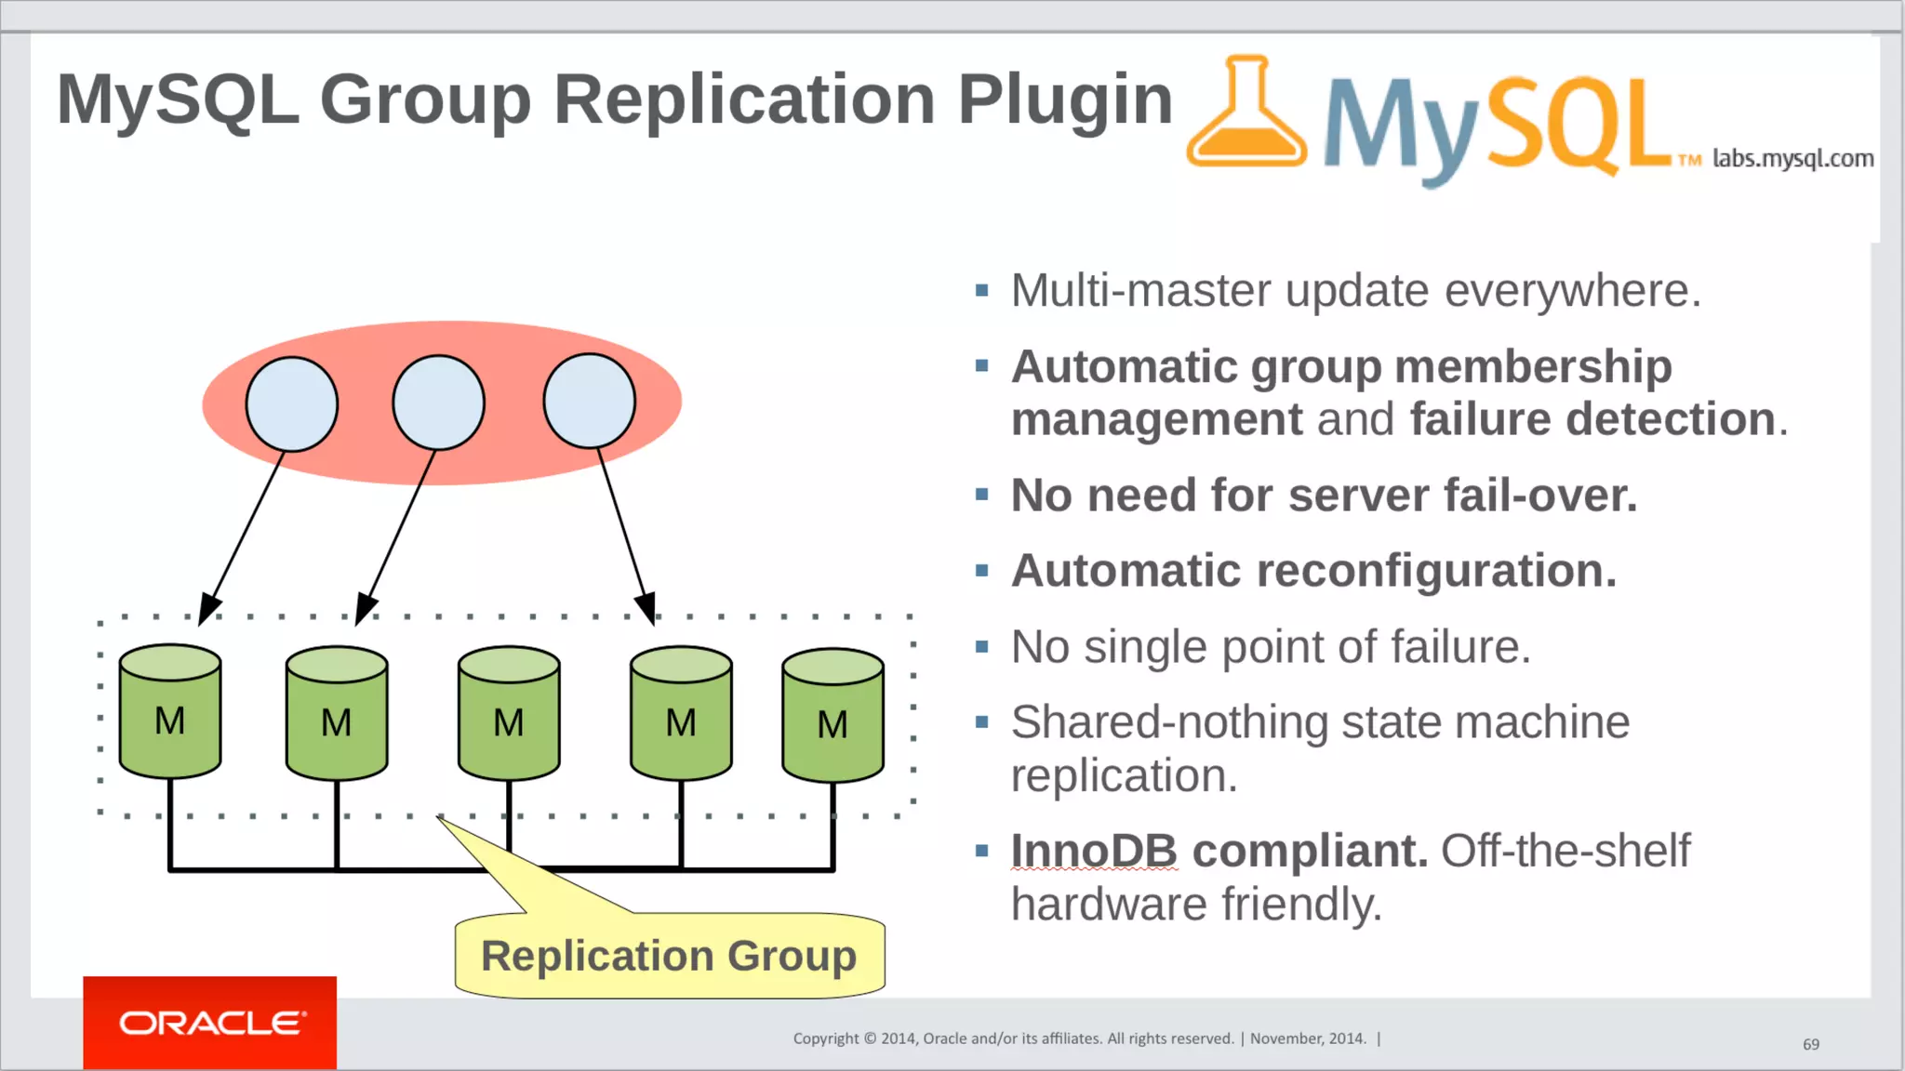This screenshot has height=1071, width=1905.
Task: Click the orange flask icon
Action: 1246,116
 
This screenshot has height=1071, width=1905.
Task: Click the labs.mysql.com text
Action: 1792,159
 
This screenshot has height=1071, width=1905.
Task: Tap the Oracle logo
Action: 210,1023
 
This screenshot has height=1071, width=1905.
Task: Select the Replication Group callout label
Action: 669,957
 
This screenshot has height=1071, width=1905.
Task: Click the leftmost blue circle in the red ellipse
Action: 292,404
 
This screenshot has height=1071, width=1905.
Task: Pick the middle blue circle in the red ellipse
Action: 439,403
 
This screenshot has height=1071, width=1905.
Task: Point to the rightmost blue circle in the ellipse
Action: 590,401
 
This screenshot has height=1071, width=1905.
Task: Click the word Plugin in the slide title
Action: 1065,99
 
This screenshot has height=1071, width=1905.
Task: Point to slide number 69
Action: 1810,1044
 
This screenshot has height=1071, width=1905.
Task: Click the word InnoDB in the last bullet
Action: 1094,851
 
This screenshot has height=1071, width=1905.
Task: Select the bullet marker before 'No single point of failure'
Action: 981,646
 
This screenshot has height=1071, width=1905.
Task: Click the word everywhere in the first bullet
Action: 1572,291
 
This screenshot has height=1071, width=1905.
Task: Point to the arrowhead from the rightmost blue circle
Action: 646,607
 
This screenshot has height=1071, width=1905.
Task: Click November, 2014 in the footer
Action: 1308,1038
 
